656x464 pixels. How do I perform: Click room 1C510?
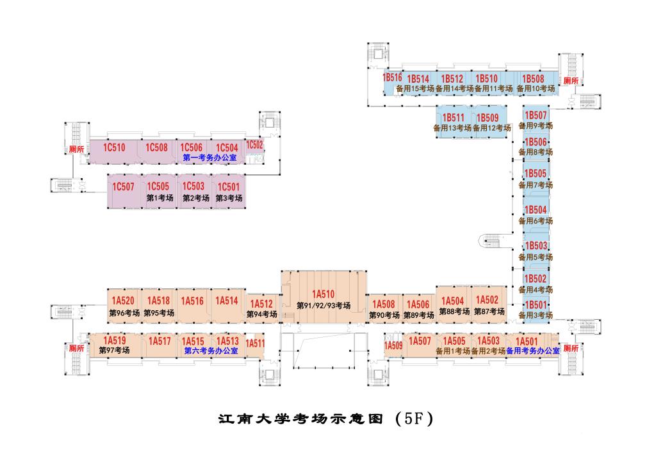pos(115,148)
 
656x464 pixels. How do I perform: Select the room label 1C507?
pos(124,187)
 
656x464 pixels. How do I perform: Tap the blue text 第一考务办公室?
pos(210,157)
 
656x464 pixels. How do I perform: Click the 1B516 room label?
pos(392,77)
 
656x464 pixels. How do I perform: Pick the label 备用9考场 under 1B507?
pos(536,126)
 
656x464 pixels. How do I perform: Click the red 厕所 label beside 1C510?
pos(77,149)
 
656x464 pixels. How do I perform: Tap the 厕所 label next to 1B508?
pos(570,81)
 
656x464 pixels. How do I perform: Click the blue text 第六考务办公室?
pos(211,351)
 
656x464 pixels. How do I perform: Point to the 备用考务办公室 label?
pos(533,351)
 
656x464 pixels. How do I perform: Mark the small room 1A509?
pos(393,346)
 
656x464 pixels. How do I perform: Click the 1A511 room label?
pos(255,344)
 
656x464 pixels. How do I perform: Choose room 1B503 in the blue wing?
pos(536,245)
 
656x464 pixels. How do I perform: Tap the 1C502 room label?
pos(255,145)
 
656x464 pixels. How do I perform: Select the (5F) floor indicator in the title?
pos(414,419)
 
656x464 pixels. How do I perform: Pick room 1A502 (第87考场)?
pos(488,300)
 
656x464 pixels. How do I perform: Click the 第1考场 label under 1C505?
pos(160,198)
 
